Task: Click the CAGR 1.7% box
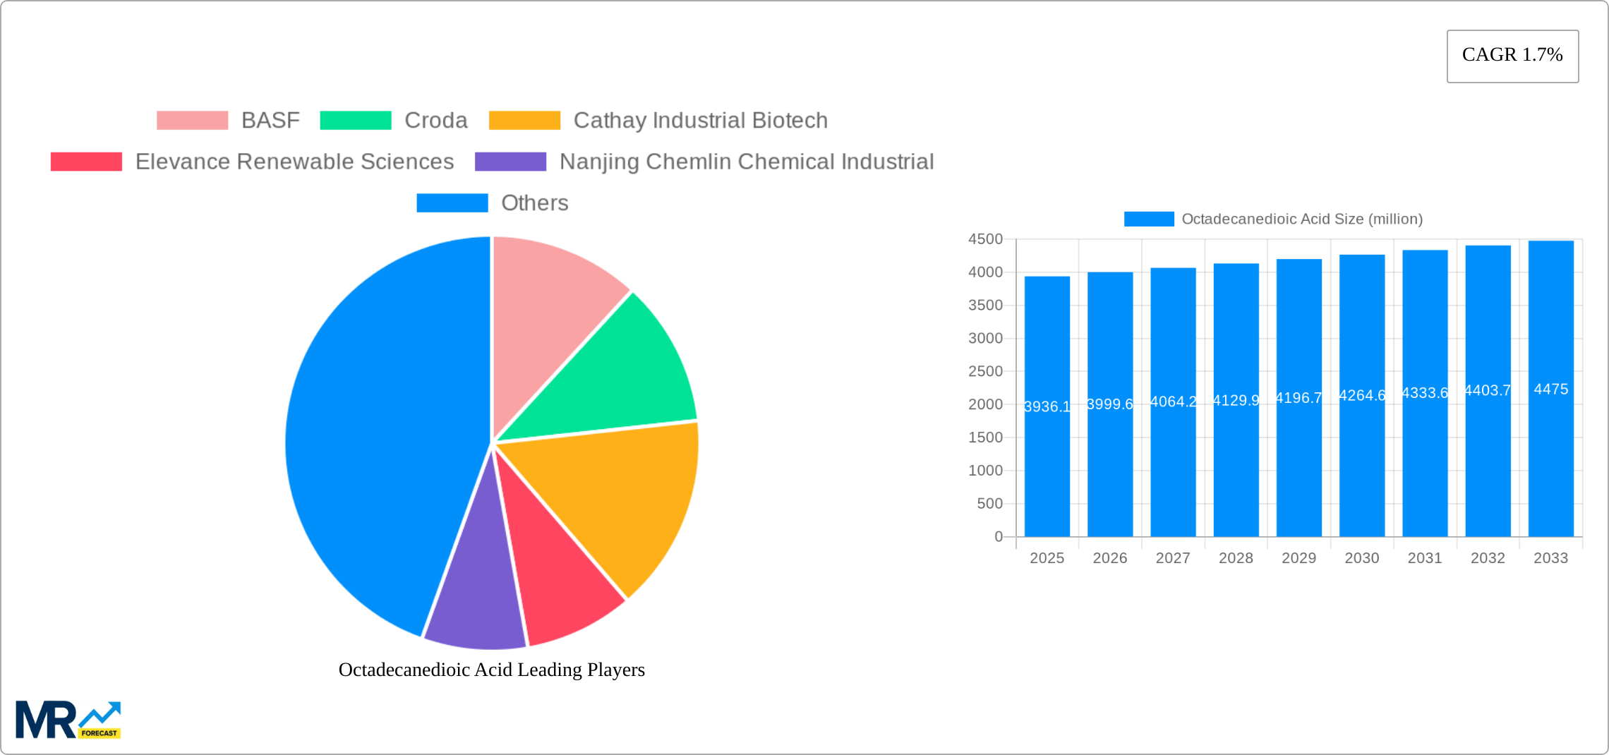[1512, 56]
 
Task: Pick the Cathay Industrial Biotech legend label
[700, 121]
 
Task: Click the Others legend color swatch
[452, 203]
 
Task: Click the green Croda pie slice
[621, 374]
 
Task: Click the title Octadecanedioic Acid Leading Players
[492, 670]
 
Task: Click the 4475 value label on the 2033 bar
[1551, 389]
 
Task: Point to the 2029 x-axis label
[1298, 558]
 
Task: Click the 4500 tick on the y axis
[985, 239]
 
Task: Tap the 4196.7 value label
[1298, 398]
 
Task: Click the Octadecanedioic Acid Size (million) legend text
[1302, 219]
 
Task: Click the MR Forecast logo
[68, 720]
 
